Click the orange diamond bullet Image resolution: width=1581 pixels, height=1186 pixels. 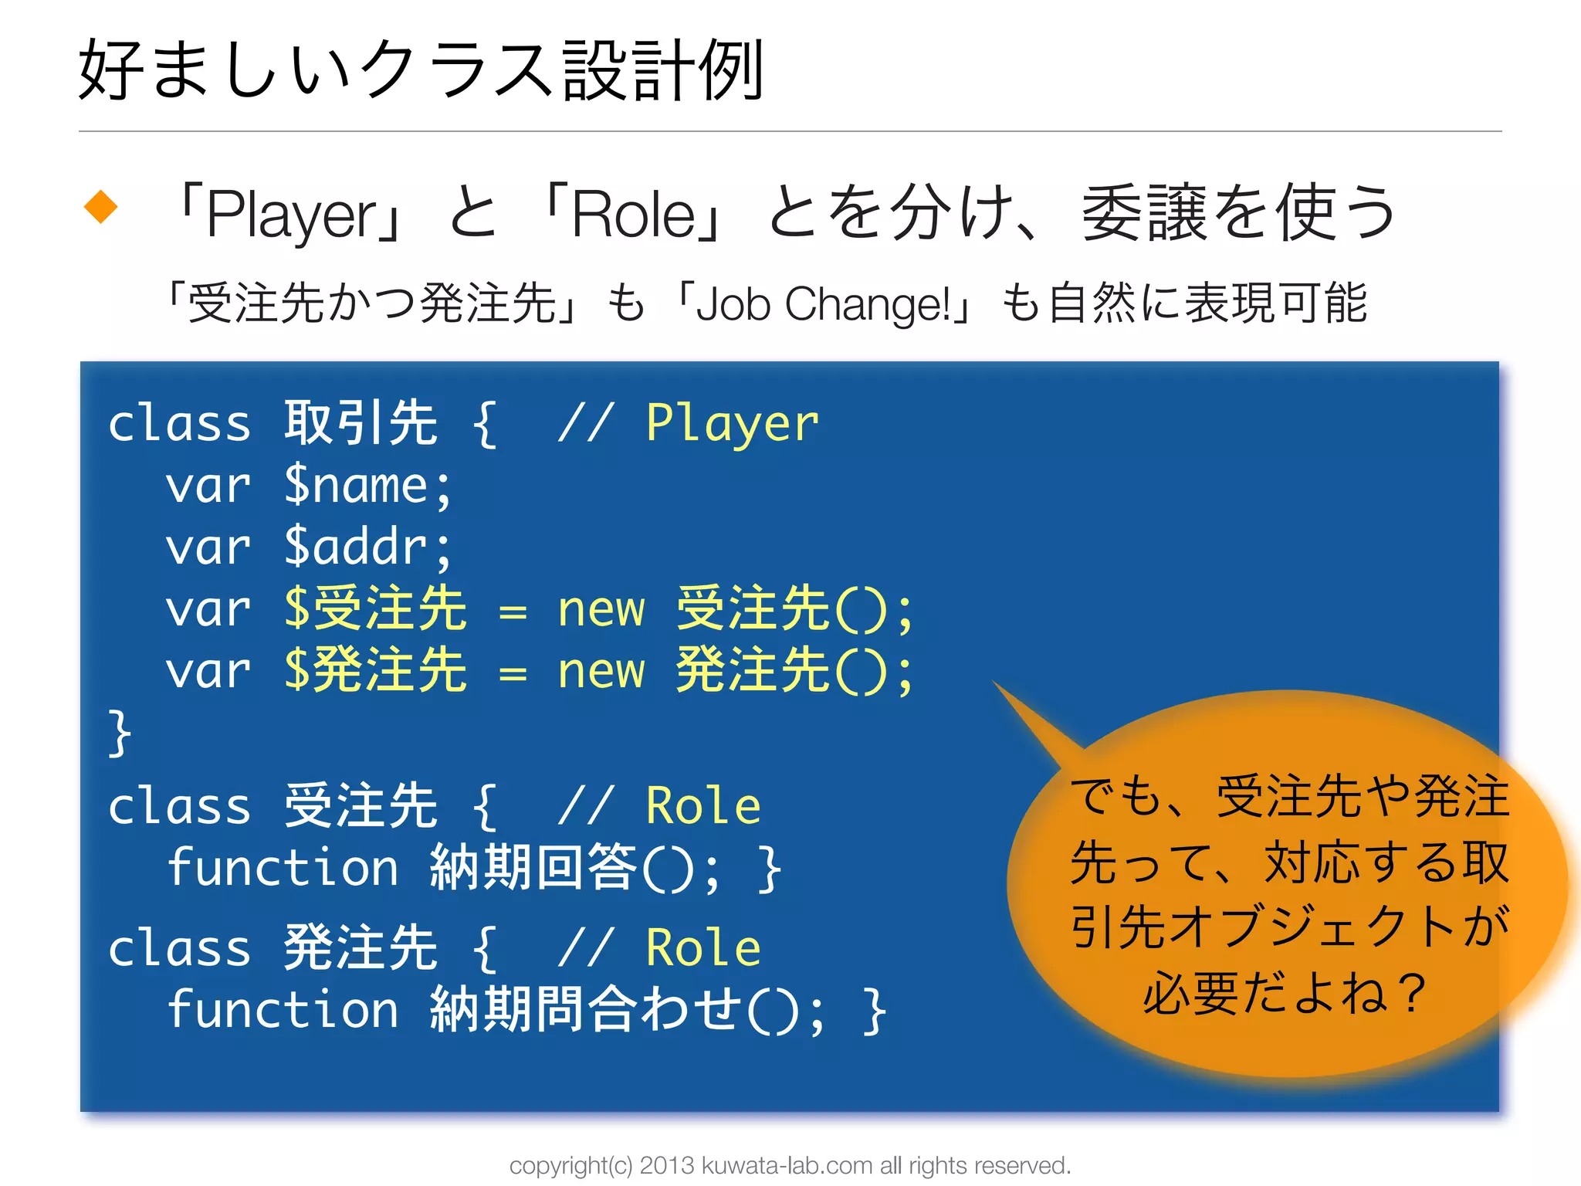point(100,207)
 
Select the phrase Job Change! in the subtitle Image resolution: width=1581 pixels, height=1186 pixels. point(823,304)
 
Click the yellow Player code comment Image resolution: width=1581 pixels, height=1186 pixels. point(732,424)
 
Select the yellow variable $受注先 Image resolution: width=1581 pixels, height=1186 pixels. point(375,609)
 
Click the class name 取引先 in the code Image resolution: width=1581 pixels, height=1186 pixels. point(361,423)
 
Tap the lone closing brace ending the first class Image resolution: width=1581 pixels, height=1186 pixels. point(120,733)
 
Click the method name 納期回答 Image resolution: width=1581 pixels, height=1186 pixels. point(533,868)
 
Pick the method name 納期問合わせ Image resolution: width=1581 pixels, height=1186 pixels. point(584,1010)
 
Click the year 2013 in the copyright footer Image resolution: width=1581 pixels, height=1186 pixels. point(667,1165)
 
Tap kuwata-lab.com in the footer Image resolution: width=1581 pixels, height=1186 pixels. point(787,1165)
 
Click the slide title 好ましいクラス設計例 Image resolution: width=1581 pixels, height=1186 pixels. point(421,71)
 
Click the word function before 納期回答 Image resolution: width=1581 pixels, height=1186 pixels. point(283,868)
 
